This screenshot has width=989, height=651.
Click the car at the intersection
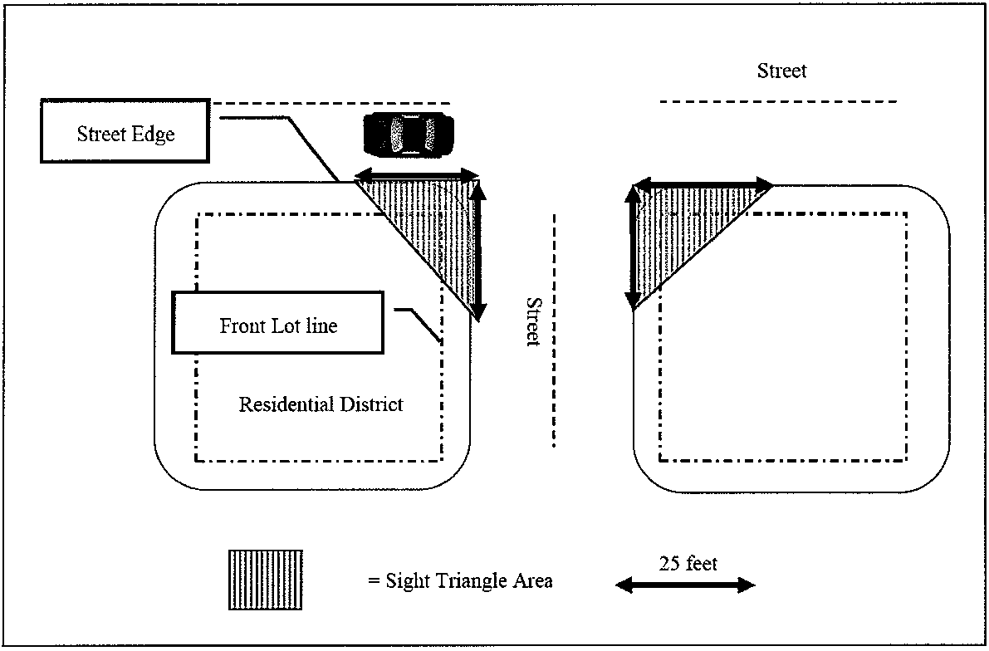[409, 133]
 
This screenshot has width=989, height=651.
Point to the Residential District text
[321, 404]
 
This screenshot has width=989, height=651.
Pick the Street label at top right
[781, 71]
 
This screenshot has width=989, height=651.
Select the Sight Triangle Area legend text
[460, 580]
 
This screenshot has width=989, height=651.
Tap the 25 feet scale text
[688, 564]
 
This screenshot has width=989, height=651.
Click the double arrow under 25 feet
[685, 586]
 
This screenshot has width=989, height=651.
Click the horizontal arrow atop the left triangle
[418, 174]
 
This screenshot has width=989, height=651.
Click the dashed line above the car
[332, 103]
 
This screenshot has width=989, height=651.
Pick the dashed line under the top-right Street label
[778, 101]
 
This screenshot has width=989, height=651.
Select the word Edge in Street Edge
[155, 134]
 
